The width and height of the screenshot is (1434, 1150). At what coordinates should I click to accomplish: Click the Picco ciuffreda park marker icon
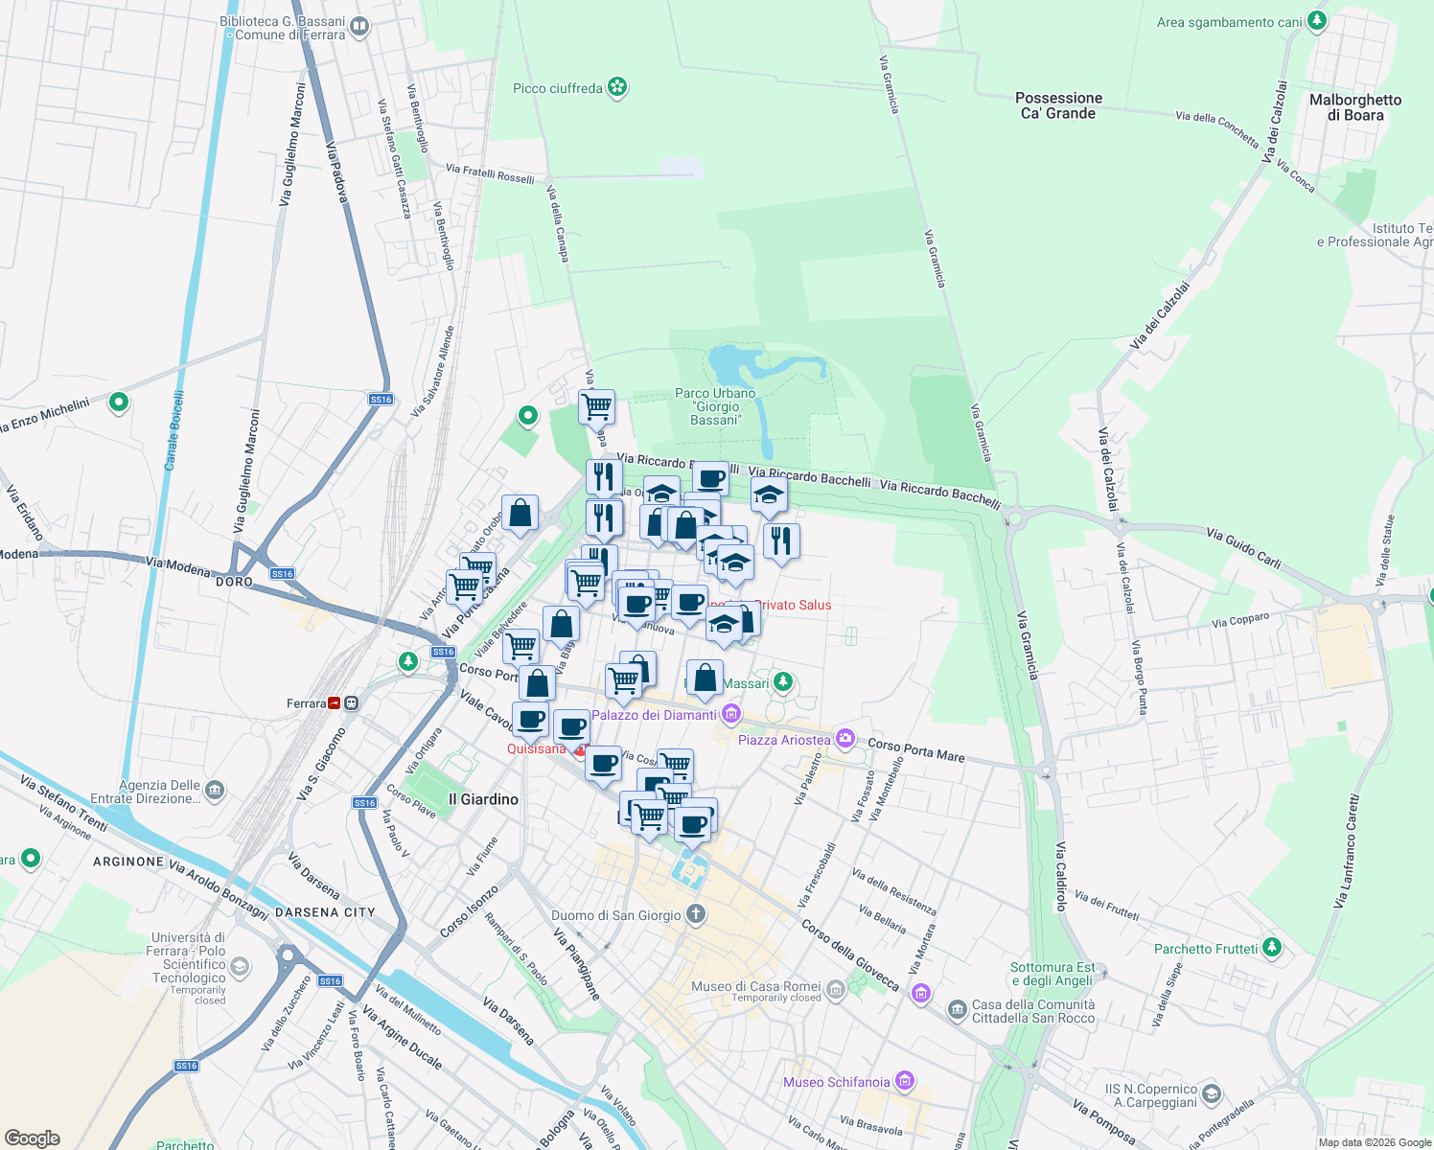(618, 88)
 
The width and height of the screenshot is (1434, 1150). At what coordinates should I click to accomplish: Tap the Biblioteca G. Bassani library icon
(359, 27)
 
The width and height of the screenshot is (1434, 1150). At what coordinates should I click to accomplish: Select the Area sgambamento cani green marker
(1317, 21)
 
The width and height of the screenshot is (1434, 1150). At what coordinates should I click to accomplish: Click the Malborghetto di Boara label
(1355, 107)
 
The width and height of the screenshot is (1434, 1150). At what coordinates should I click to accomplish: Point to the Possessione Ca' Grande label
(1058, 105)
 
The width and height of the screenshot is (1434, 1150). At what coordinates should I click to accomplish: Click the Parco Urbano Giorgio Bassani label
(715, 406)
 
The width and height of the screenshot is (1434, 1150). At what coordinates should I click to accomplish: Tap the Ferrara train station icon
(334, 703)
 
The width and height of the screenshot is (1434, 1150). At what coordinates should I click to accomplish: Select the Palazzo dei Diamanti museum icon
(732, 714)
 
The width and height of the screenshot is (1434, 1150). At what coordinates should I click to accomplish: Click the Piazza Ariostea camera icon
(844, 739)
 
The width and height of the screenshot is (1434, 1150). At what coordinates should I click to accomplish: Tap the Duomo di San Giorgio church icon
(696, 914)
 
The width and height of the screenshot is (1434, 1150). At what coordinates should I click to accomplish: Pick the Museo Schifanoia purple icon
(904, 1081)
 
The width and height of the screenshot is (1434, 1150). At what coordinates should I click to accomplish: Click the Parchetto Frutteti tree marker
(1272, 948)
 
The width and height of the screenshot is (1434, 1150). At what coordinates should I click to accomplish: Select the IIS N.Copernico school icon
(1212, 1094)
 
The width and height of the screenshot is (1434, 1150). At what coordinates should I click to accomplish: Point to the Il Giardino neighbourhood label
(483, 799)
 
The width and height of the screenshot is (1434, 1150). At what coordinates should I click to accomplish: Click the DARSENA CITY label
(325, 912)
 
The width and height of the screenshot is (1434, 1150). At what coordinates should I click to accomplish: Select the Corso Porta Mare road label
(915, 749)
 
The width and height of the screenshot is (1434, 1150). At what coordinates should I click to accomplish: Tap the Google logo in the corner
(32, 1138)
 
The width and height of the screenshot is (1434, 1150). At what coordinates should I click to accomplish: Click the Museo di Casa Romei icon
(835, 989)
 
